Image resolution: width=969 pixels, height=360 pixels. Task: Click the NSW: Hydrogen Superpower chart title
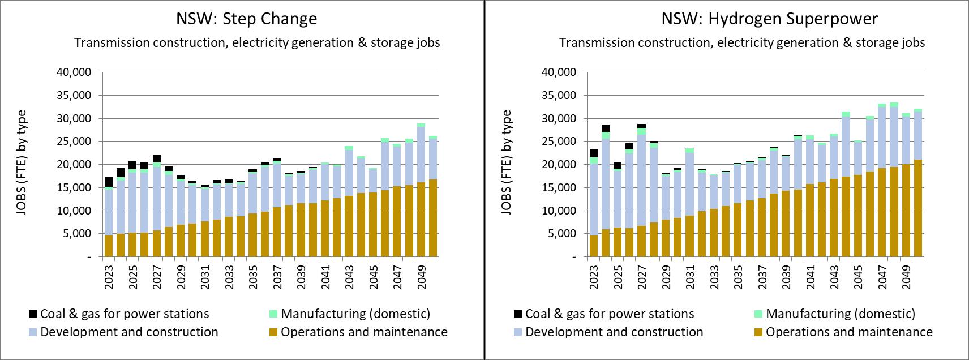(x=769, y=19)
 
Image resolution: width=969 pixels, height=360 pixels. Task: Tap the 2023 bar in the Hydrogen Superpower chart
(x=594, y=204)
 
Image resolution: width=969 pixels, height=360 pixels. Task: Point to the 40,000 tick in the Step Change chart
(x=77, y=72)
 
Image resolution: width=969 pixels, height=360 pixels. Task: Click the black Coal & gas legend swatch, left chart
(x=33, y=314)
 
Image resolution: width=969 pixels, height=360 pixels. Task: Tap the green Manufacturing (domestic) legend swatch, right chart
(x=760, y=314)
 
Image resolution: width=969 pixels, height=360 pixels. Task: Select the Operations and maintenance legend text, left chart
(x=364, y=332)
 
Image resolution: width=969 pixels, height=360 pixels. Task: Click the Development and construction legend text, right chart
(x=614, y=332)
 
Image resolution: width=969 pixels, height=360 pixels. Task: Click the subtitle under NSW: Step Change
(x=257, y=42)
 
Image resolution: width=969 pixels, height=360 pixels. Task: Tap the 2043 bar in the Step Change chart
(x=349, y=204)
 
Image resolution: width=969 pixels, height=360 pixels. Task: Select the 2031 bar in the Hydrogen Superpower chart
(x=689, y=204)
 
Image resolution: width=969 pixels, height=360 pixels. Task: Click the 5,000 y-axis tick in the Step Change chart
(x=79, y=234)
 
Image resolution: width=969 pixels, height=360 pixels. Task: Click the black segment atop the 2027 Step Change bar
(x=157, y=159)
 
